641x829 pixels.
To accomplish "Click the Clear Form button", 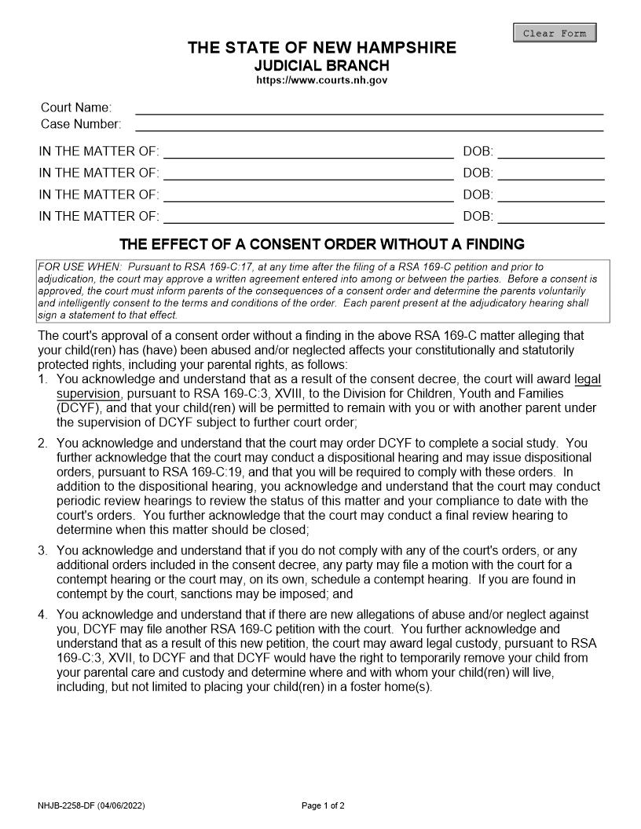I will [555, 33].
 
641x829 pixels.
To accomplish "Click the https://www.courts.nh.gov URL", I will [321, 80].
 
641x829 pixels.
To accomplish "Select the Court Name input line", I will [369, 108].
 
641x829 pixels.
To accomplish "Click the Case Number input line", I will [369, 124].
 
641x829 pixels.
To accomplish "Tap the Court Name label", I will [76, 108].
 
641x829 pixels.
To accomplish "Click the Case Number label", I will [81, 124].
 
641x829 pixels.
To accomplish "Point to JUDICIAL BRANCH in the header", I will [321, 65].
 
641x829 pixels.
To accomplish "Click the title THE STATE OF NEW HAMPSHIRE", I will [321, 48].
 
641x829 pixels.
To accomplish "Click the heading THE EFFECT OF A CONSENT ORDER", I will [321, 244].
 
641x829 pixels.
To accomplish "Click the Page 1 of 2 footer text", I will [323, 805].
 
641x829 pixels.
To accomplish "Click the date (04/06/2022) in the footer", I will [121, 805].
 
